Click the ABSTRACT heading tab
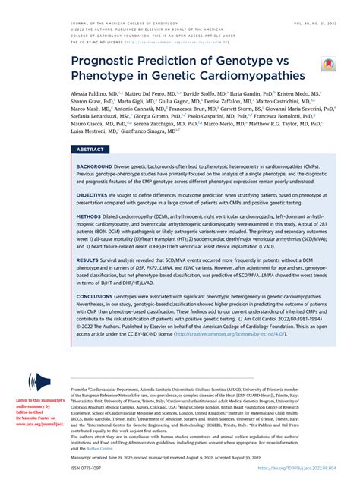(90, 150)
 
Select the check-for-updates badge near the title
(328, 64)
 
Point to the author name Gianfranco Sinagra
(157, 131)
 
